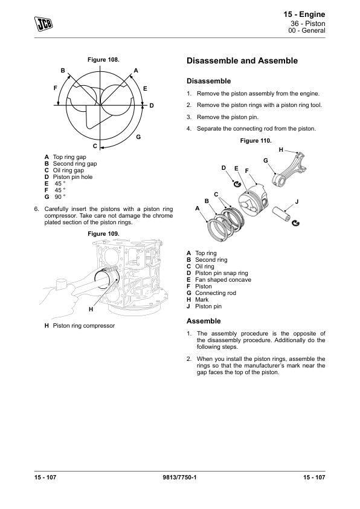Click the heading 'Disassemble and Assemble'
coord(242,60)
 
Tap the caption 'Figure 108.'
coord(103,60)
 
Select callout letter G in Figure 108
coord(138,137)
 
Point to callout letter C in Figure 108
coord(95,146)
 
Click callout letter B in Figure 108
coord(63,71)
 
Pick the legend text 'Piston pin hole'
coord(72,177)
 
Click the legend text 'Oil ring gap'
coord(68,170)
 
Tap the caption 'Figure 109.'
coord(103,234)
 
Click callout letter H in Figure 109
coord(91,310)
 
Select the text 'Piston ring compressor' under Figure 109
coord(84,326)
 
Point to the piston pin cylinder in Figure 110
coord(281,213)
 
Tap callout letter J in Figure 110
coord(297,202)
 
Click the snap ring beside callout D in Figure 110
coord(237,184)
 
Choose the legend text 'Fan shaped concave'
coord(223,280)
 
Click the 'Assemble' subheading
coord(204,321)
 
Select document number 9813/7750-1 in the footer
coord(179,477)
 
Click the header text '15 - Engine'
coord(304,15)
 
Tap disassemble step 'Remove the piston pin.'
coord(228,117)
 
